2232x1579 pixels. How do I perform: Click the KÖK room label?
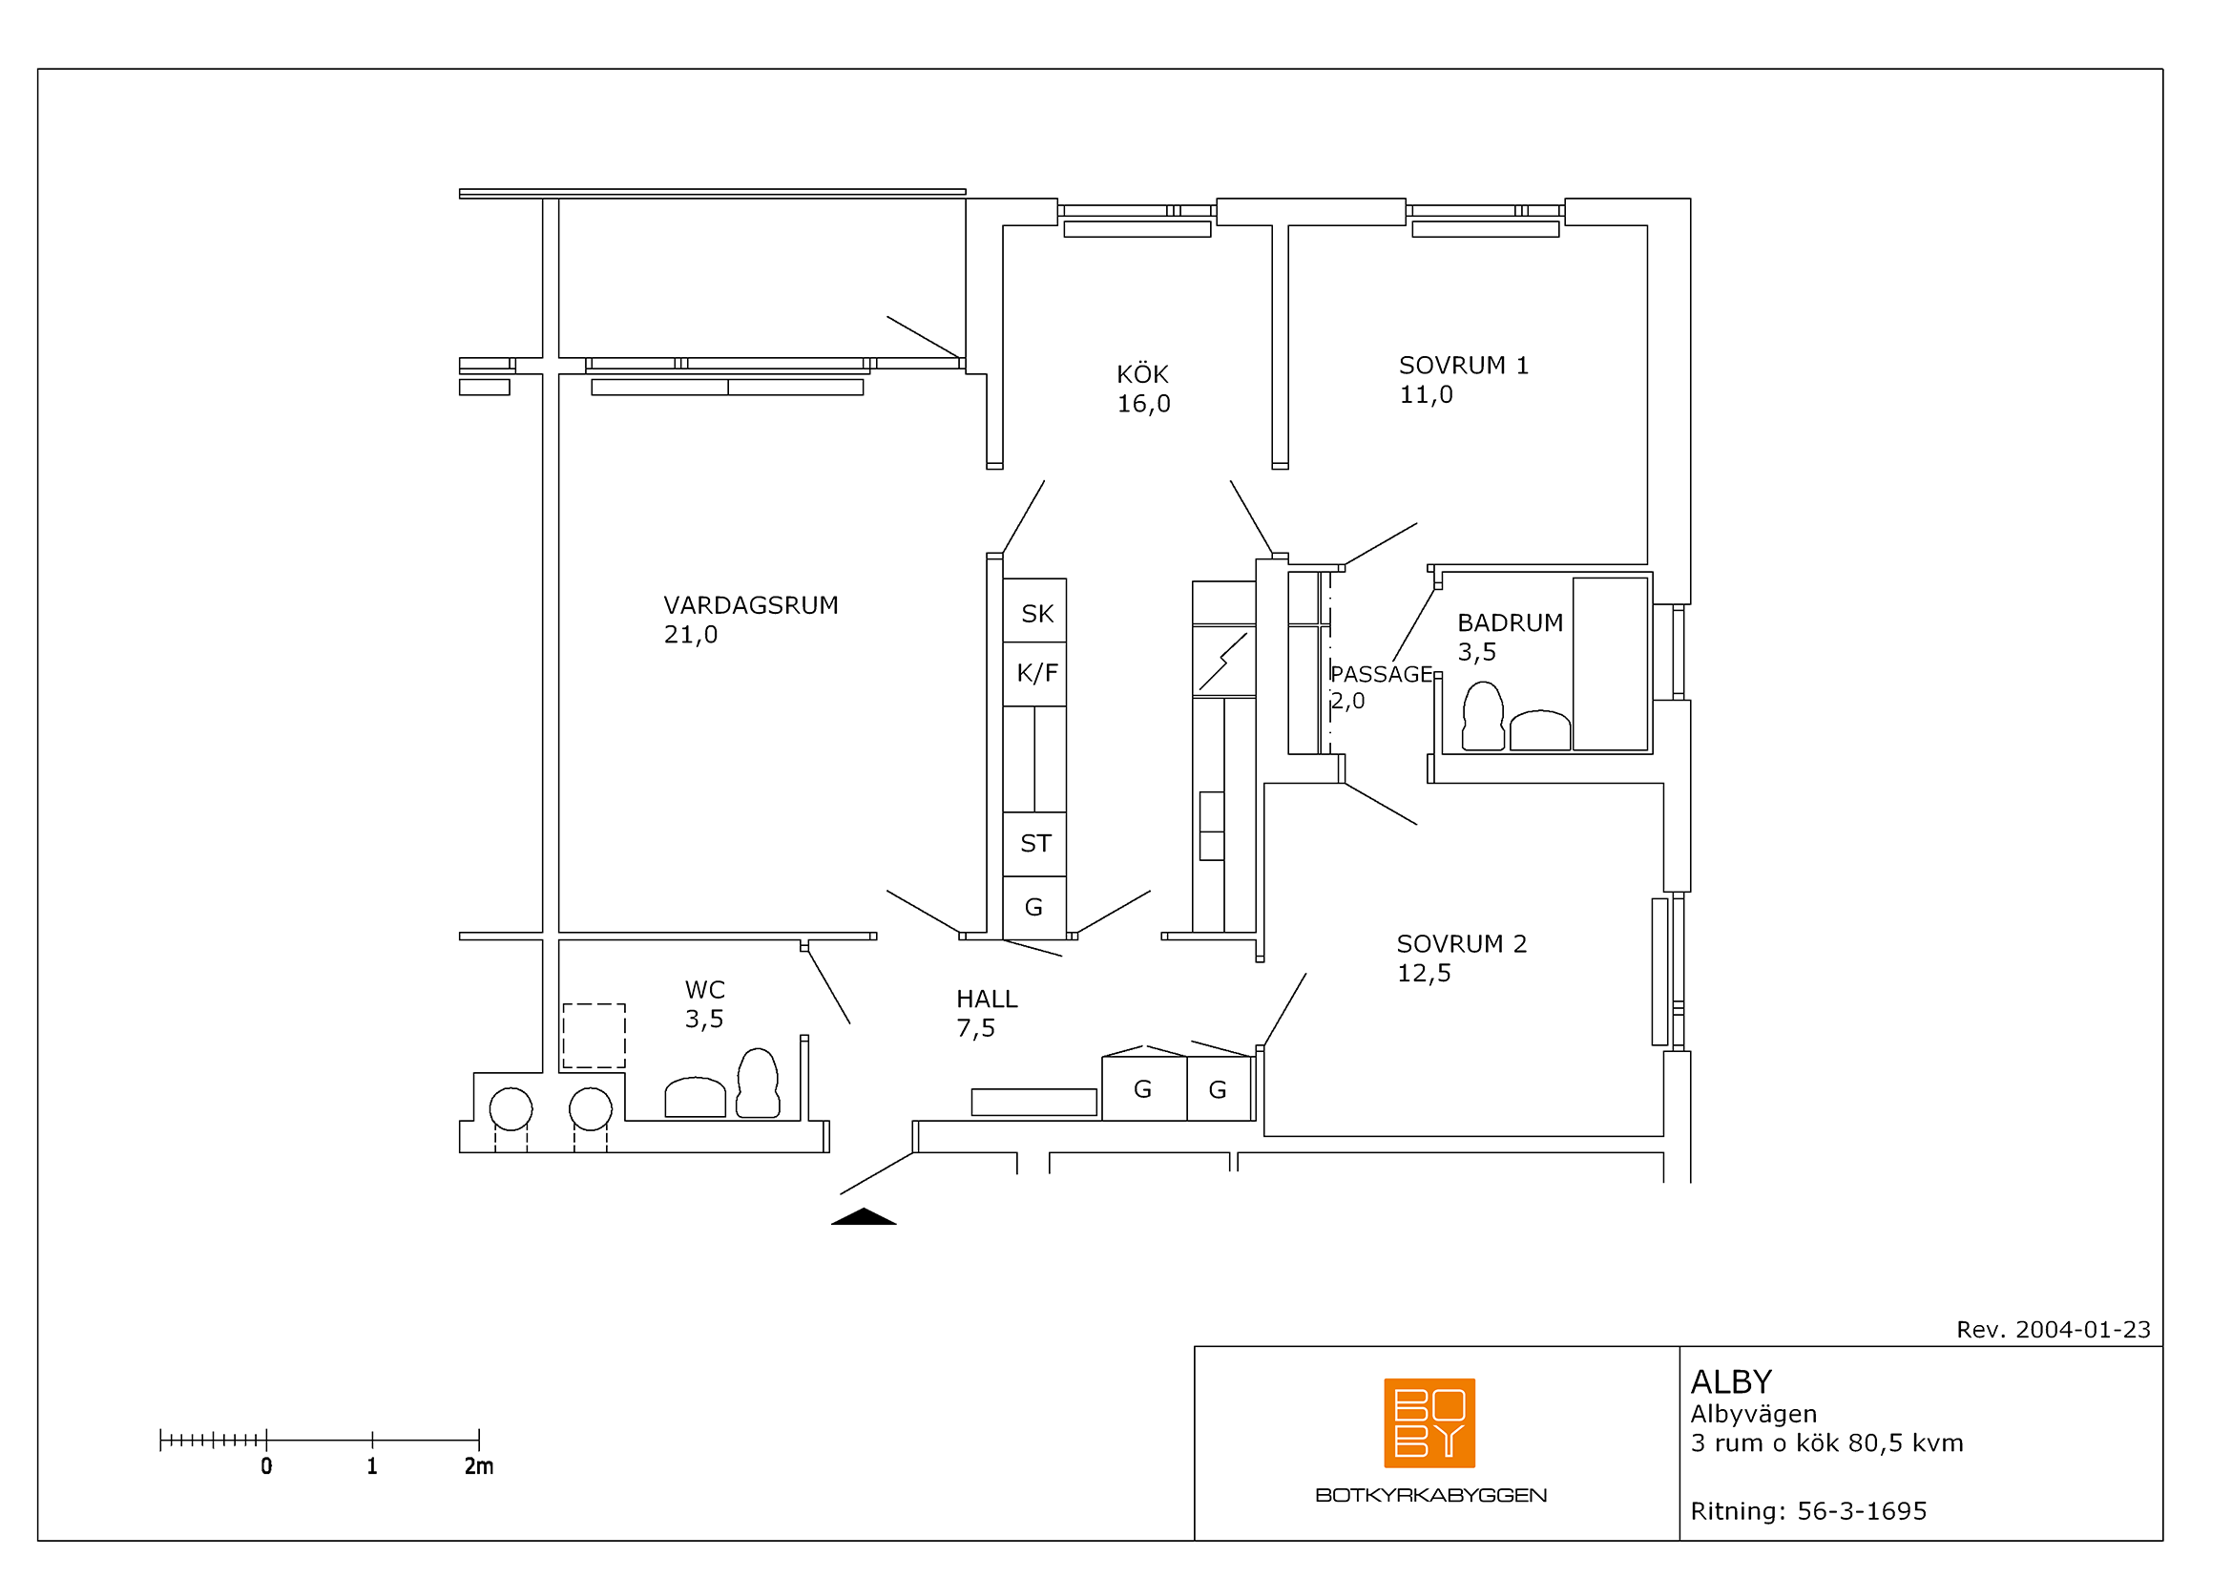1142,374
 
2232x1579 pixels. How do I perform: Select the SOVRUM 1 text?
1463,366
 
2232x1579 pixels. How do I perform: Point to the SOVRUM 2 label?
1461,944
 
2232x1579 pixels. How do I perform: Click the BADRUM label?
1510,622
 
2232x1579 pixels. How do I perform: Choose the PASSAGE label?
1382,674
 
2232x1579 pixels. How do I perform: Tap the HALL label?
987,999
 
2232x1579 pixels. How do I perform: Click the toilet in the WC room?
758,1083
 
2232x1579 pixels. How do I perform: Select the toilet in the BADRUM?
1483,716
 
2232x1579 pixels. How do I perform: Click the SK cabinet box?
1034,611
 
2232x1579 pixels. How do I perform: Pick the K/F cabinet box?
1034,674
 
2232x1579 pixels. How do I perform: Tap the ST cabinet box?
1034,844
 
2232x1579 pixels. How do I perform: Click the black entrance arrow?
864,1216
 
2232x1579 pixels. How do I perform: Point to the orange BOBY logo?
1429,1422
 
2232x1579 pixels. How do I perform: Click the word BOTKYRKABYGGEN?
1430,1494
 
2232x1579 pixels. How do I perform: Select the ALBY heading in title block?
1730,1381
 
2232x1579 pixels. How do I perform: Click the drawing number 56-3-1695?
1862,1511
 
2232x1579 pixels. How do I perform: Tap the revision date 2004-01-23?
2082,1329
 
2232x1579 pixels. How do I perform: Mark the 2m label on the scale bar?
478,1466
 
